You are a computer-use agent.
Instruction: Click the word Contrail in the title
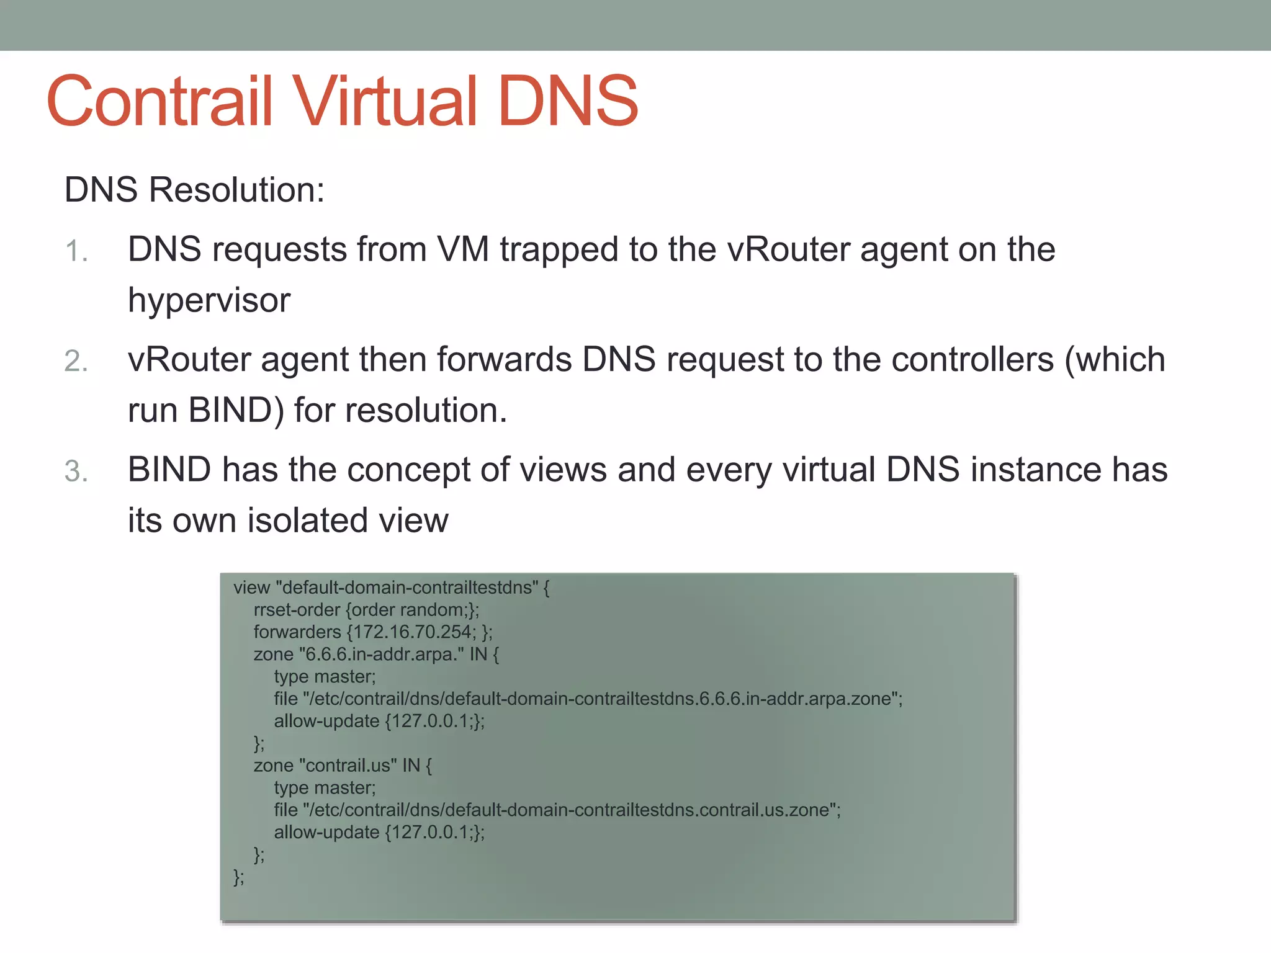[x=160, y=101]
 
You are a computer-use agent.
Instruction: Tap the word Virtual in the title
[x=385, y=101]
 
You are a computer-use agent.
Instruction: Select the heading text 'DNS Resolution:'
[x=194, y=190]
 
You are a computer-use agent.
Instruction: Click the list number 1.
[x=76, y=251]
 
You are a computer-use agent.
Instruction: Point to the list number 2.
[x=76, y=361]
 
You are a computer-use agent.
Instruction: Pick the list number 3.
[x=76, y=471]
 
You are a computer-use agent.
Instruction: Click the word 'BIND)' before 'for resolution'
[x=236, y=411]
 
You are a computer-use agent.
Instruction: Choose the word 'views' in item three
[x=563, y=470]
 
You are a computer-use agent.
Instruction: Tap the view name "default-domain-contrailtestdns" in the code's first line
[x=406, y=588]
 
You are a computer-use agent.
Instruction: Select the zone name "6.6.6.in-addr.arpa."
[x=381, y=655]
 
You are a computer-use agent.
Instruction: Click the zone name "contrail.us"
[x=348, y=766]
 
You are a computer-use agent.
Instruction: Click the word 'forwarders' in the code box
[x=297, y=632]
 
